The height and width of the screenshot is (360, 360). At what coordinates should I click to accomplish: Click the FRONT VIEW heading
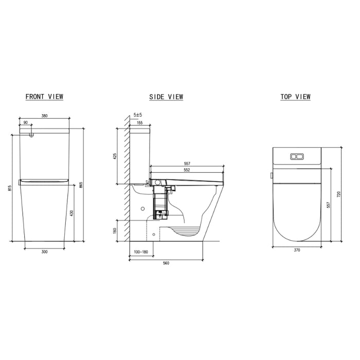tap(44, 97)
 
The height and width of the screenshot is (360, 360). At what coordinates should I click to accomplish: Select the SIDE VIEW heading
tap(166, 97)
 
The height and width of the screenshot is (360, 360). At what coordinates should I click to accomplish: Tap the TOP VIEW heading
tap(295, 97)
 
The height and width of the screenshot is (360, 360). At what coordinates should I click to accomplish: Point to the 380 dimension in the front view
tap(44, 116)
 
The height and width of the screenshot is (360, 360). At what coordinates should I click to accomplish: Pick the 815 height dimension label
tap(9, 189)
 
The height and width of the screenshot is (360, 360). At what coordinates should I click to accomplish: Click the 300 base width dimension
tap(44, 252)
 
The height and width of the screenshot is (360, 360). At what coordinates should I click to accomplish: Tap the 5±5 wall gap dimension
tap(137, 116)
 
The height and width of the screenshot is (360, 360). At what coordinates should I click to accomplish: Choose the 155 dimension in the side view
tap(139, 123)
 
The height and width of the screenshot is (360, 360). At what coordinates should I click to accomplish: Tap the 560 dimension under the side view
tap(166, 263)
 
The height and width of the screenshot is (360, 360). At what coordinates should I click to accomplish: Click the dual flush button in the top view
tap(297, 156)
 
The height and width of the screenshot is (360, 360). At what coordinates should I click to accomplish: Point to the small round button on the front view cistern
tap(32, 135)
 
